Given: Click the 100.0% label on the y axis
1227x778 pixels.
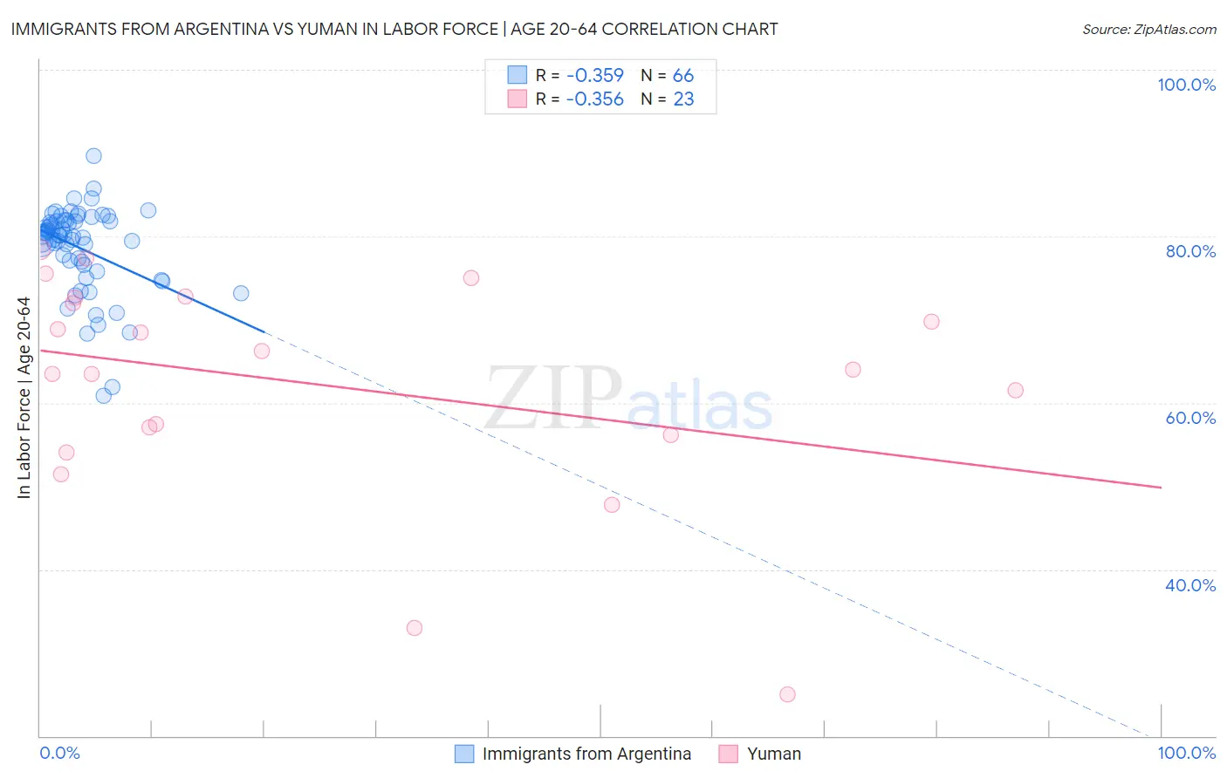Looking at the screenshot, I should coord(1186,85).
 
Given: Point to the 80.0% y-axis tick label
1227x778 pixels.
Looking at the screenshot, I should coord(1190,251).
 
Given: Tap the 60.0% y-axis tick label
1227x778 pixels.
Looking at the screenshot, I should coord(1190,418).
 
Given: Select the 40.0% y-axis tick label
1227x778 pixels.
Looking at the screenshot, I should coord(1190,585).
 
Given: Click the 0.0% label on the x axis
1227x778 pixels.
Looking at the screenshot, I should coord(59,753).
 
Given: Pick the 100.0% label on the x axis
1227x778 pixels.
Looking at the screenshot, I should coord(1186,753).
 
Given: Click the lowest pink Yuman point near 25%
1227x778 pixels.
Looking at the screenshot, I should coord(787,694).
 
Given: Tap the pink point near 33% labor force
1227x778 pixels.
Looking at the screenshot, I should coord(415,628).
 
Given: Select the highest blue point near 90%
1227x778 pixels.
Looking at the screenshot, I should coord(93,156).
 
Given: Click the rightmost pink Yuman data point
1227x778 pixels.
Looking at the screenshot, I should coord(1015,390).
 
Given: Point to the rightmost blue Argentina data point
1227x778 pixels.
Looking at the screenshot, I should coord(241,293).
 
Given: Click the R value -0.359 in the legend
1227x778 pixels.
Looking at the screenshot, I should coord(594,76).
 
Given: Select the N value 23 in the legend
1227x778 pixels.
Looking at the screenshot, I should coord(683,99).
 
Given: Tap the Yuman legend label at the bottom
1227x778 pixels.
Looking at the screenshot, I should coord(773,754).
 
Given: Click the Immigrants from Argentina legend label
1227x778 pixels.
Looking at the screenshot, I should coord(586,754).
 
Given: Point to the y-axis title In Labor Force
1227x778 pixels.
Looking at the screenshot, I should coord(24,398).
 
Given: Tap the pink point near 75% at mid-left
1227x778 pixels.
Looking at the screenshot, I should coord(471,278).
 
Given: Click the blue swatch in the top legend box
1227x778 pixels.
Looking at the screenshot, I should coord(518,75).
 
